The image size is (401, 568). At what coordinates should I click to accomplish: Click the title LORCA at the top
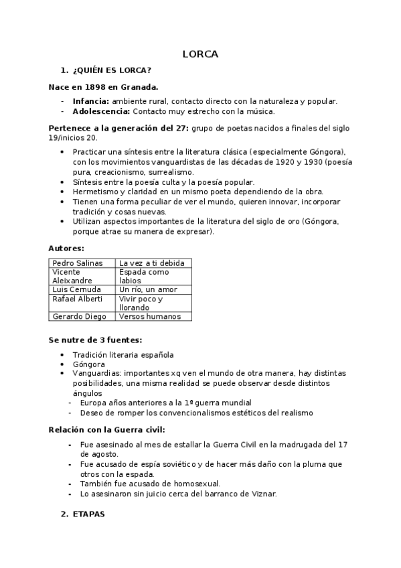tap(200, 54)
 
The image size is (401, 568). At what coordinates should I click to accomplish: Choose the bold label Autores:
tap(66, 248)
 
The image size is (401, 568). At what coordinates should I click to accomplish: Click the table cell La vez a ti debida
tap(151, 263)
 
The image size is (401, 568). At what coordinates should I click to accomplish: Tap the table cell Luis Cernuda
tap(76, 289)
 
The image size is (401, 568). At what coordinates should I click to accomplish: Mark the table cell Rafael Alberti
tap(77, 299)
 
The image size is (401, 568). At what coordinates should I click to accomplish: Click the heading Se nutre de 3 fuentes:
tap(95, 340)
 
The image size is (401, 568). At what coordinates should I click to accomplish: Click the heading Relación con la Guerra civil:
tap(106, 429)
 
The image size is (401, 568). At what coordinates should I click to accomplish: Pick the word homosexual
tap(195, 484)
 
